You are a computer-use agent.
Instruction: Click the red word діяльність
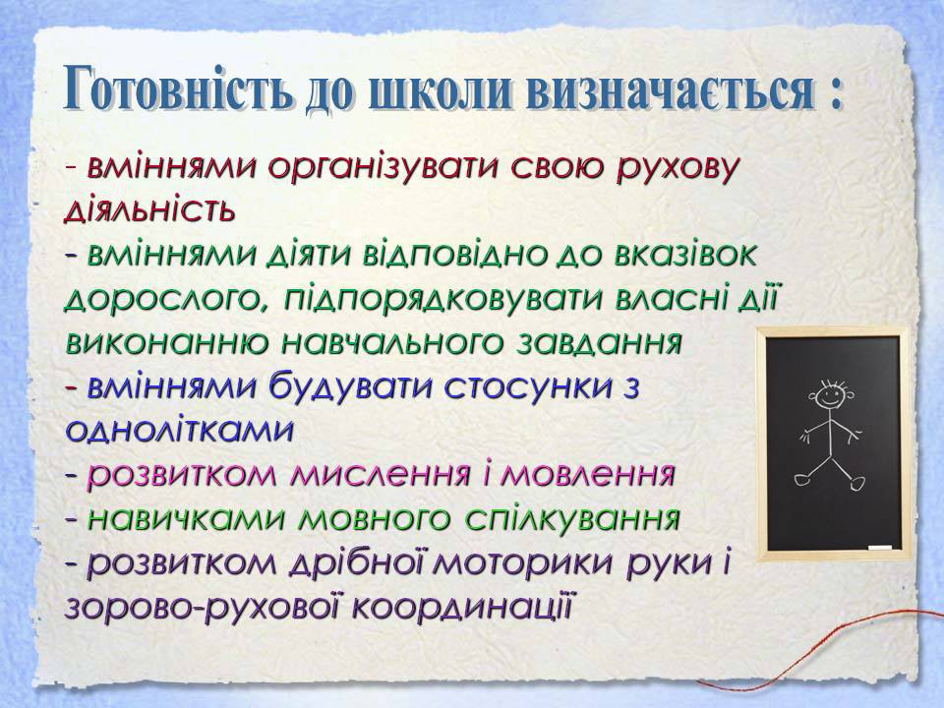point(149,210)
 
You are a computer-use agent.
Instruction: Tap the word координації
point(461,608)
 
